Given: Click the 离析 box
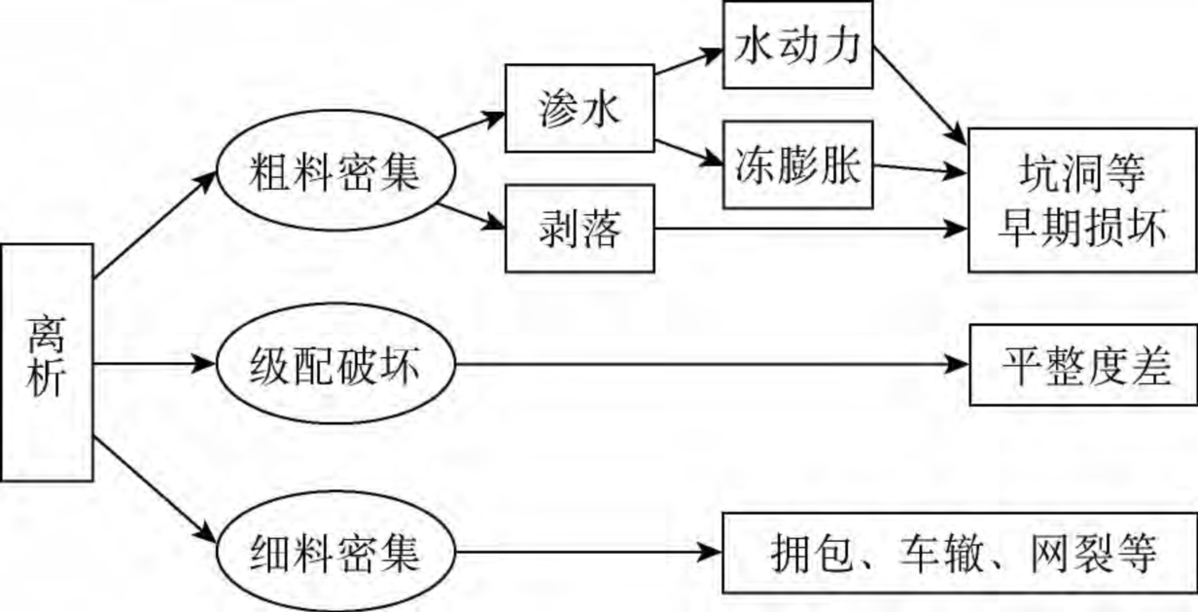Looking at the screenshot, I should point(47,363).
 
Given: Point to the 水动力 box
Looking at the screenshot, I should point(797,44).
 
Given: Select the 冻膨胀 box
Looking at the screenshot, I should point(797,165).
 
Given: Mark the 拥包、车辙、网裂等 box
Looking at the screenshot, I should point(959,553).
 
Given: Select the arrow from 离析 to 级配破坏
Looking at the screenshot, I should point(154,365).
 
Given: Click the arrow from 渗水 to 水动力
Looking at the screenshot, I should point(688,59).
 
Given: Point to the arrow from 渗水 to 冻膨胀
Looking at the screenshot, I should point(688,152).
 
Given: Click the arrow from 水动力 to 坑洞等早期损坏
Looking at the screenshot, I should point(920,96).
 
